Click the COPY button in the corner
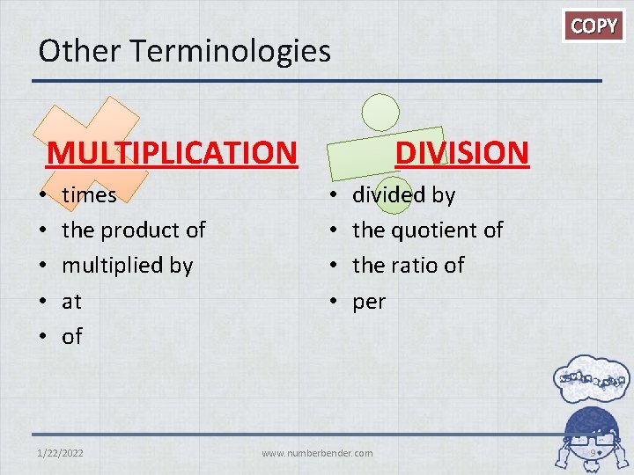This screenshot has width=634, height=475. point(594,26)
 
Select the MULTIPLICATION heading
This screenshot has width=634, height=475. point(172,152)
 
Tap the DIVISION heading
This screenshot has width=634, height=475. point(461,152)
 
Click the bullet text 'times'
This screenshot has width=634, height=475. point(89,194)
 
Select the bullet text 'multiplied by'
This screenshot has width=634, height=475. point(127,266)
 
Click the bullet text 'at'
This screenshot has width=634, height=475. point(71,302)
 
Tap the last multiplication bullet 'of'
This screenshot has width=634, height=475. point(71,336)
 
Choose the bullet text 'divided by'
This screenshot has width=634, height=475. point(403,194)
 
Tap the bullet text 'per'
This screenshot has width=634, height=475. point(369,302)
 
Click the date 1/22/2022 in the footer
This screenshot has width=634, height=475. point(61,453)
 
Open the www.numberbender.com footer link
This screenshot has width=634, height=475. point(317,453)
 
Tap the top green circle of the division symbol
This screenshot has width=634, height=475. point(381,112)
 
